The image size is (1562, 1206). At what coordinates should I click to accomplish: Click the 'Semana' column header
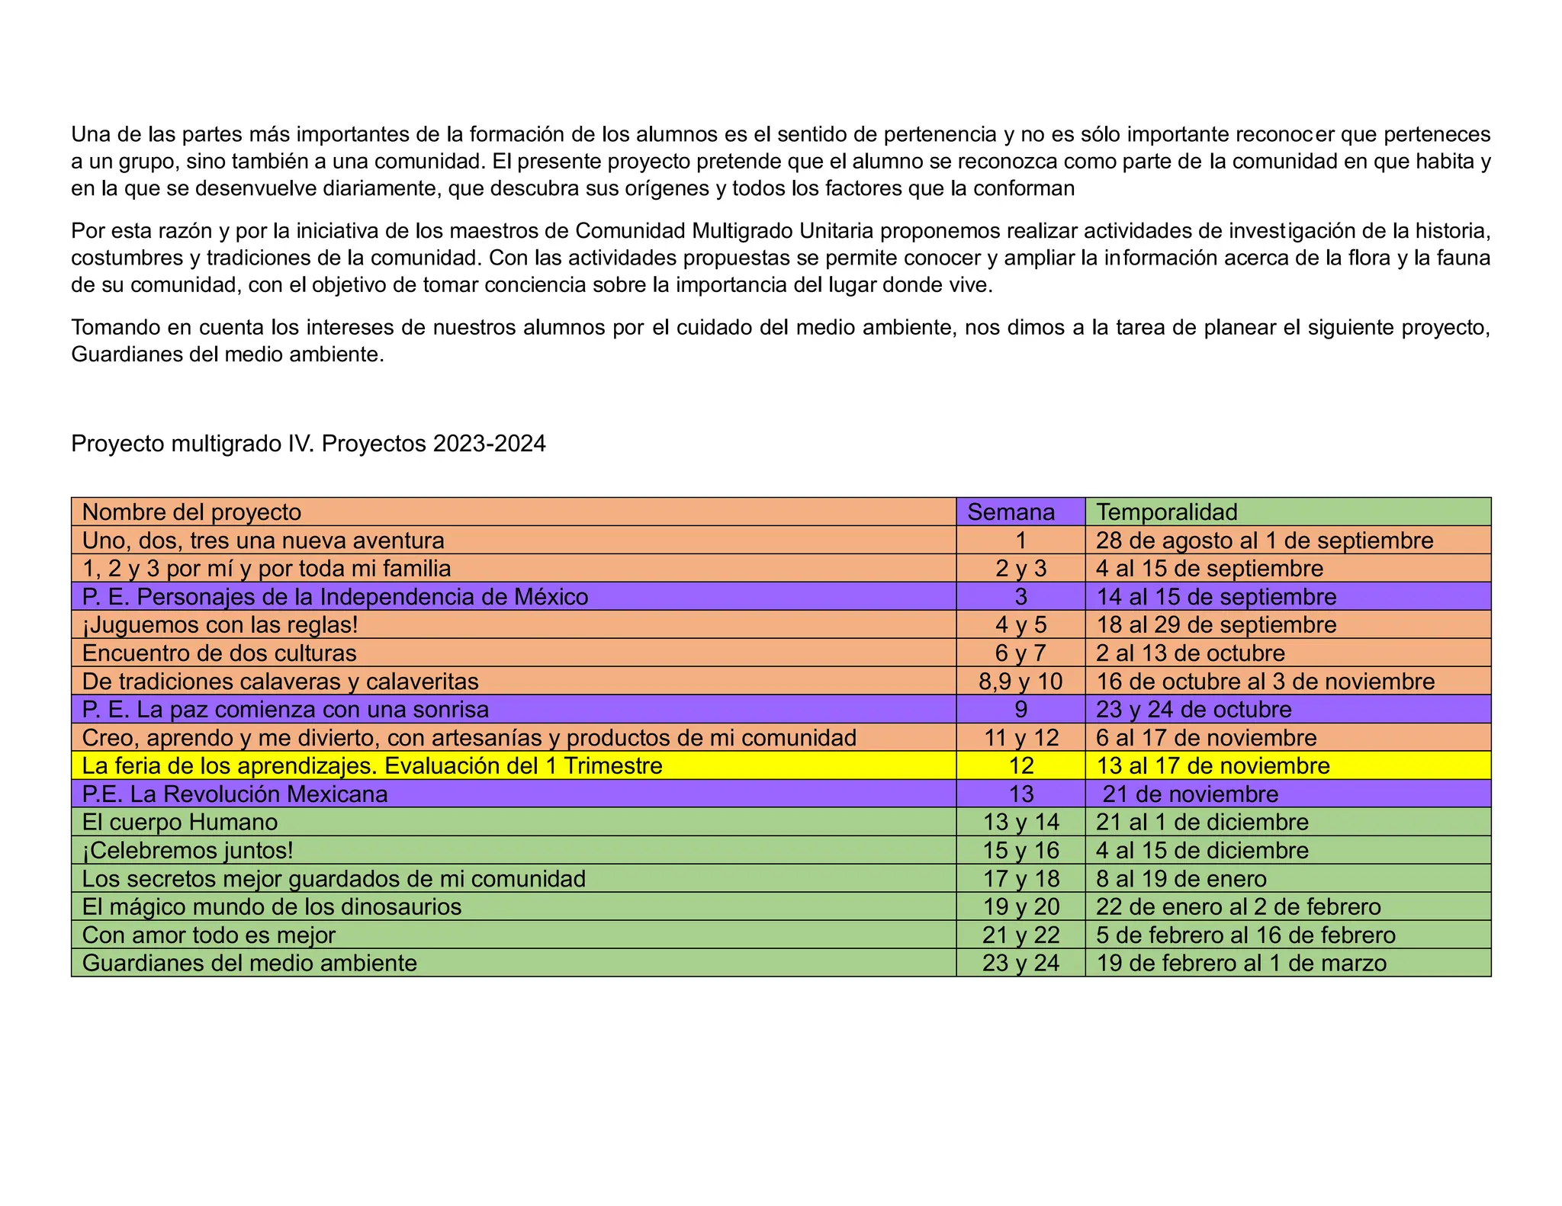1011,512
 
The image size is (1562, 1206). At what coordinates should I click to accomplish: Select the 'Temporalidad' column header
1166,512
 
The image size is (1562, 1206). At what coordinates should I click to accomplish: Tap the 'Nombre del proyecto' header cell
191,512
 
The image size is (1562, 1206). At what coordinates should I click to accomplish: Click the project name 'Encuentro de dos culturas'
219,653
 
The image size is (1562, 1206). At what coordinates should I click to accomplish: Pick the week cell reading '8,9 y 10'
1020,682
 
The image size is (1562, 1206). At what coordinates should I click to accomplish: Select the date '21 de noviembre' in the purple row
1190,794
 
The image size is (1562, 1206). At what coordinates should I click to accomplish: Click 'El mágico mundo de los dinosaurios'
272,907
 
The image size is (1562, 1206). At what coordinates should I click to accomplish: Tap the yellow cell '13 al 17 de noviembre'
1213,766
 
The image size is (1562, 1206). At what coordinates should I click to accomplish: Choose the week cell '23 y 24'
1020,964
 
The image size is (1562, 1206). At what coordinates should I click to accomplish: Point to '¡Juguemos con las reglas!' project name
220,625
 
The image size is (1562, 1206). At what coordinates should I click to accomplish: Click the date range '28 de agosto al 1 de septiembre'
1265,540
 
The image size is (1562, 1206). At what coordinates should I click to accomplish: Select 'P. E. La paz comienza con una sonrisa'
285,710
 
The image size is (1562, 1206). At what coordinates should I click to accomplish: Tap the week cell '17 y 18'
1020,879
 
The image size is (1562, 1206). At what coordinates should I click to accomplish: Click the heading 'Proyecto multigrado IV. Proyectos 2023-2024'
308,444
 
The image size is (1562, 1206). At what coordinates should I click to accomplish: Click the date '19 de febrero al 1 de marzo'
1241,964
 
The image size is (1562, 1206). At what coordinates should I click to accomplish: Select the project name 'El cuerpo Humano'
179,823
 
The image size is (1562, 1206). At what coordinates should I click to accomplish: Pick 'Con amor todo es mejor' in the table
208,935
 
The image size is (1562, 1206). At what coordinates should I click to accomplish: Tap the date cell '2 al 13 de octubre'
1190,653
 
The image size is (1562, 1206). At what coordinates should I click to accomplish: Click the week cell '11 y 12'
1020,738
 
